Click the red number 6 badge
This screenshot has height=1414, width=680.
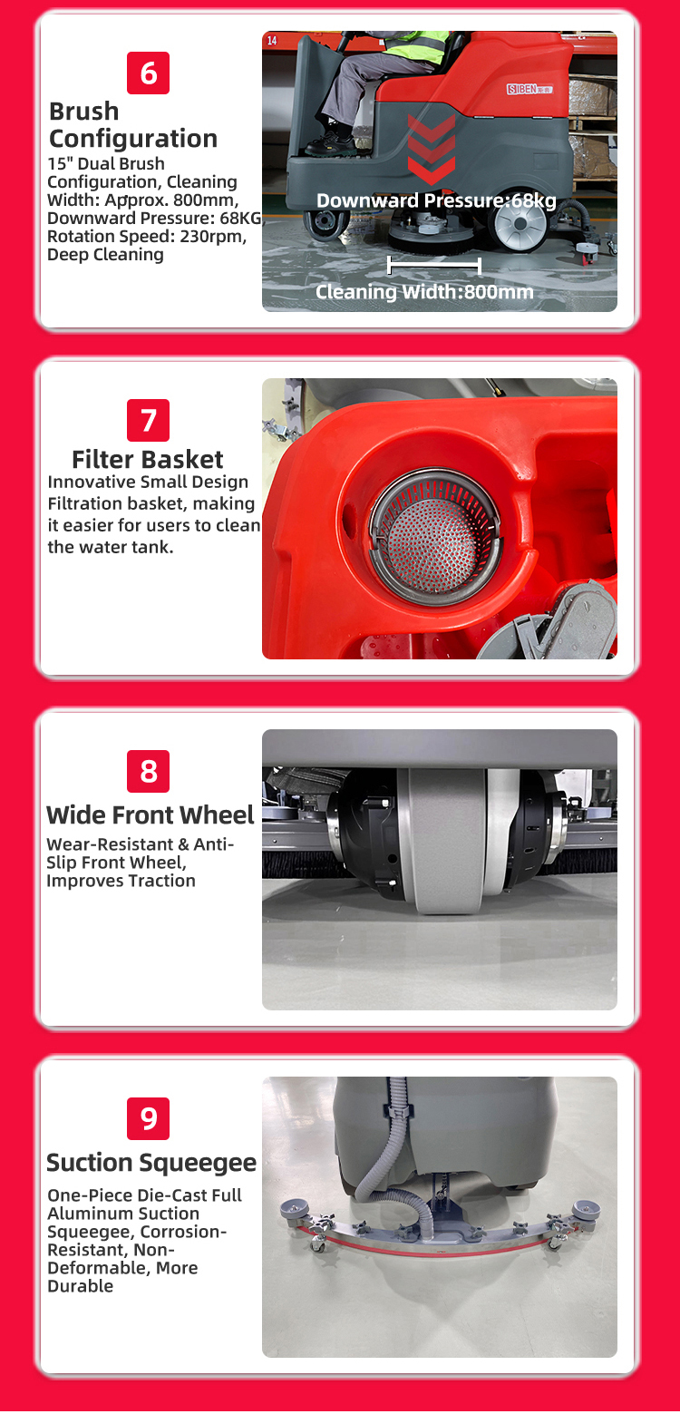click(148, 73)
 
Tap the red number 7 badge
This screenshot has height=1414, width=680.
click(148, 421)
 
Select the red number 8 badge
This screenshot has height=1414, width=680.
click(148, 771)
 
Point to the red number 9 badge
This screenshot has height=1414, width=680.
click(148, 1118)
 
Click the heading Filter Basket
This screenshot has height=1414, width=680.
click(148, 460)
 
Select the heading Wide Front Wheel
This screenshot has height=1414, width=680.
click(151, 815)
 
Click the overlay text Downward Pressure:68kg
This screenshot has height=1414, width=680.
click(436, 200)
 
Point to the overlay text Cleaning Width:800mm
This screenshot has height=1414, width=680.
click(424, 292)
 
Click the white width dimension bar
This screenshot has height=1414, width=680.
click(434, 266)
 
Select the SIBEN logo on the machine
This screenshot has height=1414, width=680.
click(529, 89)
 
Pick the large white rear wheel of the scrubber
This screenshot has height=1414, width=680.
click(520, 224)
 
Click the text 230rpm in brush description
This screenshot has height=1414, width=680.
click(213, 237)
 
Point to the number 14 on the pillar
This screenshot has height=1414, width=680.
click(272, 41)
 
